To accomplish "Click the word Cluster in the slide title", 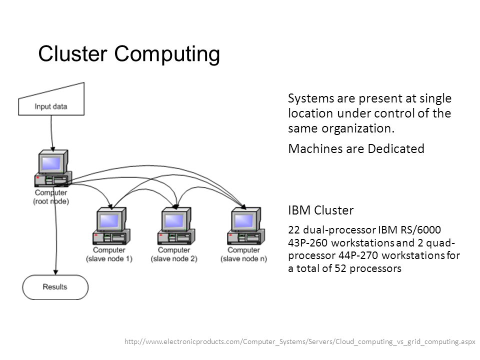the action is click(x=72, y=53).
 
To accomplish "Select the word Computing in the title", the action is click(x=167, y=55).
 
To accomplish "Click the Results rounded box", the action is click(x=55, y=287).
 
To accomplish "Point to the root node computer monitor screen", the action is click(x=51, y=163).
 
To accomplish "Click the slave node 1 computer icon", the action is click(x=111, y=226).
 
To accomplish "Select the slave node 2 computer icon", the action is click(x=176, y=226).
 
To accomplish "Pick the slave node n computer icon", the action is click(x=246, y=226).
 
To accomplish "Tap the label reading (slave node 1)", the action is click(x=109, y=259).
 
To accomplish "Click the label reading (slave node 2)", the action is click(x=174, y=259).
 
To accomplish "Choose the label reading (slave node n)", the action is click(x=243, y=259).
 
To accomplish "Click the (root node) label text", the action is click(x=51, y=201).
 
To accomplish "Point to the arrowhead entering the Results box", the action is click(x=55, y=272).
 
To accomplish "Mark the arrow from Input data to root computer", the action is click(x=51, y=133).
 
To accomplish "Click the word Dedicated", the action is click(x=396, y=149).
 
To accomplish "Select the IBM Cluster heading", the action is click(x=321, y=210).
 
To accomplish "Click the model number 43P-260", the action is click(x=308, y=243).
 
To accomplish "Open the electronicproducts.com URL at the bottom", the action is click(x=300, y=341).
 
